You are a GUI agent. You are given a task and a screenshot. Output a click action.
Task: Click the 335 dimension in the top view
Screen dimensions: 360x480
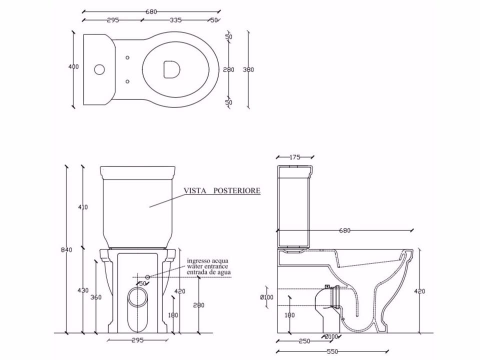pos(175,20)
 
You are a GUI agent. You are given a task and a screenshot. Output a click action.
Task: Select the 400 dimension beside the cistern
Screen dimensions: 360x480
pos(73,67)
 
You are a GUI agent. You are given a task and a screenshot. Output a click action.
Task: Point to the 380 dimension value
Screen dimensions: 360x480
pos(248,69)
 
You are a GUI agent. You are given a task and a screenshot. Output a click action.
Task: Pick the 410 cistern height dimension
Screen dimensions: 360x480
pos(83,206)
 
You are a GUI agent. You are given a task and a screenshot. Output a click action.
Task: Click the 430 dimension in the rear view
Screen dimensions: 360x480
pos(83,290)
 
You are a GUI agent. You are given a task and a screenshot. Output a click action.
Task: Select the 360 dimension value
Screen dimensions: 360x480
pos(96,297)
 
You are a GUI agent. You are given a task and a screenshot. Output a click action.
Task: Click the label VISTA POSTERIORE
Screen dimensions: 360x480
pos(222,190)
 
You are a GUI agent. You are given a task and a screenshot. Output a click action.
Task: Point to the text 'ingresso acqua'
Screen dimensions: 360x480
pos(207,261)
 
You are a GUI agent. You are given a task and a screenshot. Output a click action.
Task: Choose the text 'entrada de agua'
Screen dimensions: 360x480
pos(209,272)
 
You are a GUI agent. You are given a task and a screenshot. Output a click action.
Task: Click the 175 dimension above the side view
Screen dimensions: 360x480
pos(295,157)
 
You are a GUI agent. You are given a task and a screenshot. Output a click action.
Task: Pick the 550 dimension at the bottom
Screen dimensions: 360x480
pos(331,352)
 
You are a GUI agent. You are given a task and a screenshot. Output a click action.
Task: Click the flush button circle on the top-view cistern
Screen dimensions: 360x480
pos(99,69)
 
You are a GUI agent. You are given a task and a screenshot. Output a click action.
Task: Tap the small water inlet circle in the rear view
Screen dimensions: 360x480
pos(147,276)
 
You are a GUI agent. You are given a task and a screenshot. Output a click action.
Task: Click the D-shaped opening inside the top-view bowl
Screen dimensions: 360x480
pos(170,69)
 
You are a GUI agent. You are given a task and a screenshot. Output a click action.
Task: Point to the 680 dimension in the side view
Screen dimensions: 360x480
pos(344,230)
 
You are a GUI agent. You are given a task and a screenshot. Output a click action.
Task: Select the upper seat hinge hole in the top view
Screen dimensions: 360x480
pos(127,57)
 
